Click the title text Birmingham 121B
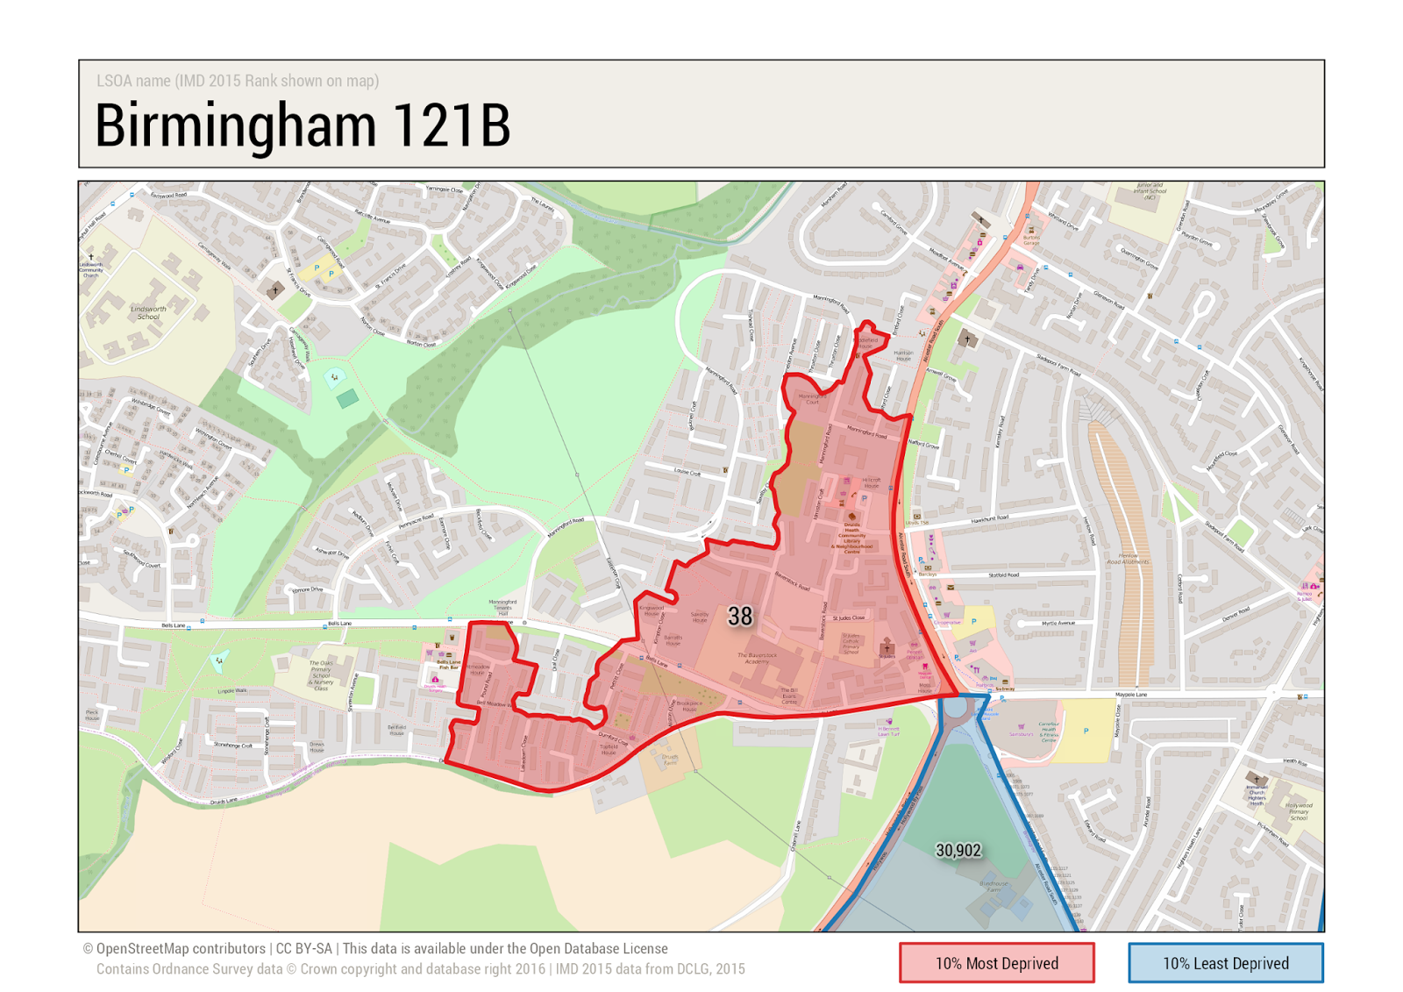(303, 125)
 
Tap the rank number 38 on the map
(739, 617)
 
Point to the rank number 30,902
(958, 850)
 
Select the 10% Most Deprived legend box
(996, 962)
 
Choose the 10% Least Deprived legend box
(1225, 962)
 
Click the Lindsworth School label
(148, 312)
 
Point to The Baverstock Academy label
(757, 658)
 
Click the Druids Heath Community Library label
(851, 538)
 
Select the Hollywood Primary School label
(1298, 811)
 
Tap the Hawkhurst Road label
(990, 519)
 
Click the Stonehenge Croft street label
(232, 746)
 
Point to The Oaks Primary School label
(321, 675)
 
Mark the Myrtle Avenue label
(1058, 624)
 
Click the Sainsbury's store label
(1021, 733)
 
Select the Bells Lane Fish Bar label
(448, 665)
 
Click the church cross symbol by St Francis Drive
(275, 289)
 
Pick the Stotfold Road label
(1004, 575)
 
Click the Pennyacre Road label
(416, 521)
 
